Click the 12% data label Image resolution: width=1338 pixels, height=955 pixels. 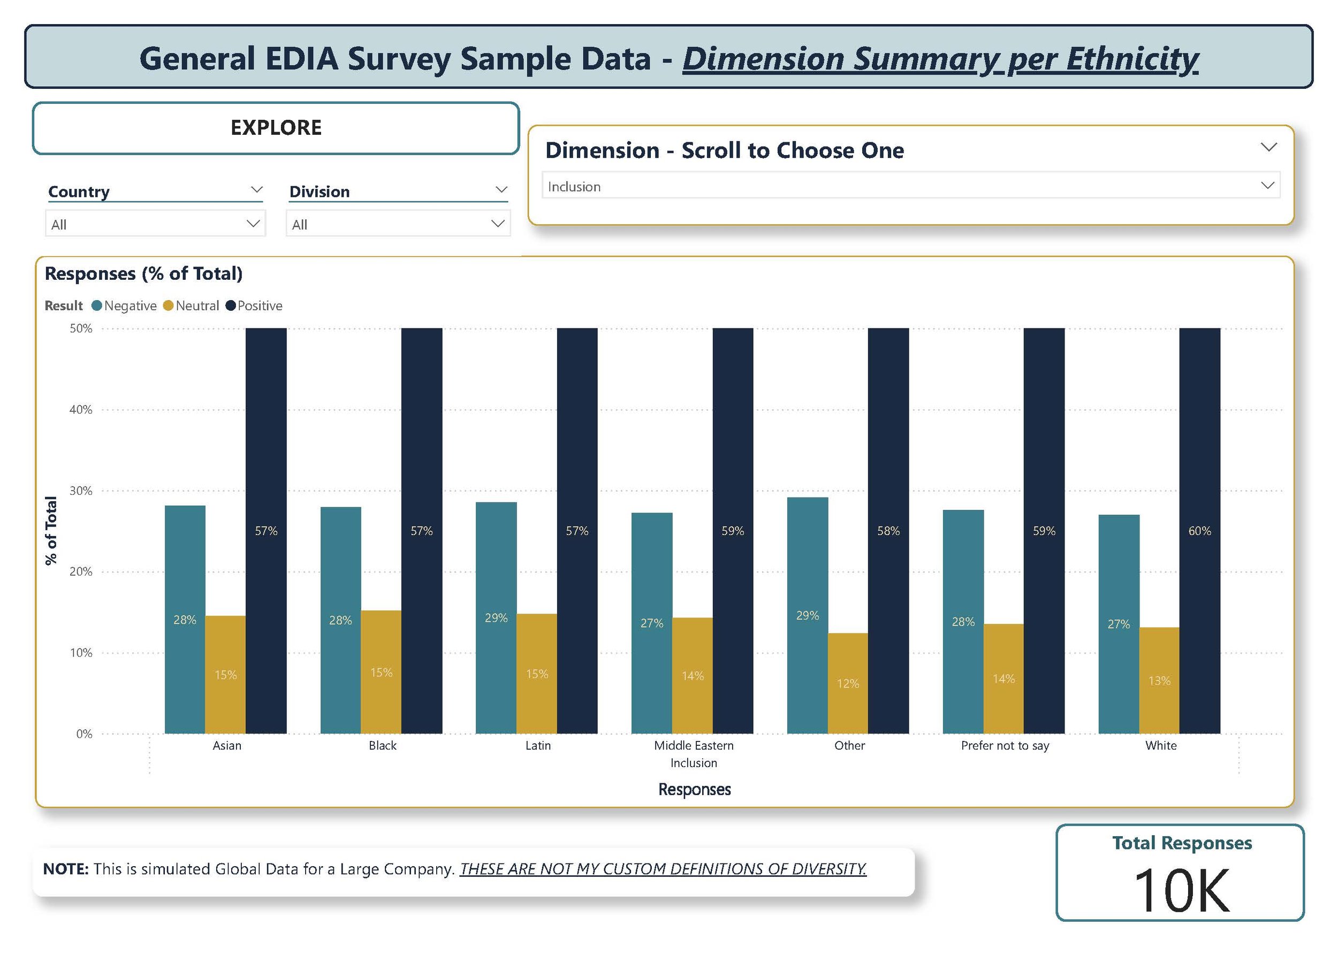[848, 683]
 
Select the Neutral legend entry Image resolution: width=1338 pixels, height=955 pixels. [196, 306]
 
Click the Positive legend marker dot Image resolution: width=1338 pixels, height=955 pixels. [231, 306]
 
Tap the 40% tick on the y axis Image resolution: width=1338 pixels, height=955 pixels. [81, 409]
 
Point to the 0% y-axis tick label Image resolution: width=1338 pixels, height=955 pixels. [84, 734]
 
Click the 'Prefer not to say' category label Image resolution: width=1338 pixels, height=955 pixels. [1005, 745]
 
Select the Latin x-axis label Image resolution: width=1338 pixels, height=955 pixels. [537, 745]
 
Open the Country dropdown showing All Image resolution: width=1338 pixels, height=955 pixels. [155, 224]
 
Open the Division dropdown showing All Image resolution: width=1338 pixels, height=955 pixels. [398, 224]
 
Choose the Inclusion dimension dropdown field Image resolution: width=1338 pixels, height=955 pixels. [910, 186]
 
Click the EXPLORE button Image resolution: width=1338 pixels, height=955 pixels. [276, 128]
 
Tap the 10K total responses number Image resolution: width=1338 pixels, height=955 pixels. [1181, 891]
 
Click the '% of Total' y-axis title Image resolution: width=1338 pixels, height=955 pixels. [51, 530]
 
